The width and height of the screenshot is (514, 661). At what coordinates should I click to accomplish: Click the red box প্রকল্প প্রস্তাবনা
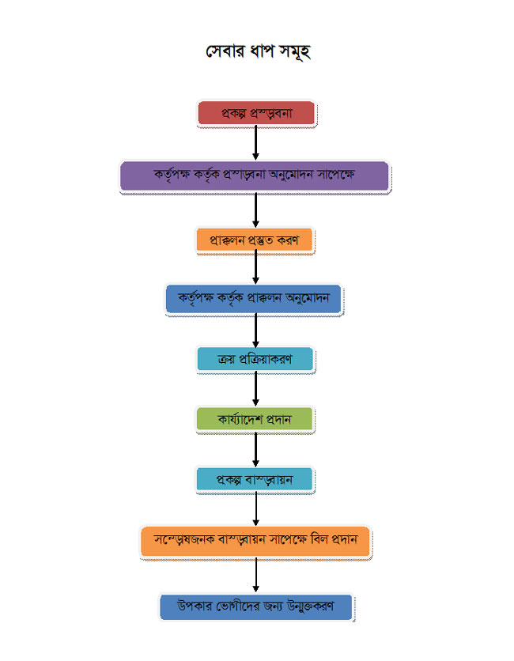coord(256,113)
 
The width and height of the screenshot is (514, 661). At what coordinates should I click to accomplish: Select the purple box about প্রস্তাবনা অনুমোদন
coord(255,176)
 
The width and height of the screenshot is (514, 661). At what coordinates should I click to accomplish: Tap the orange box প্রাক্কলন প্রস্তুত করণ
coord(255,240)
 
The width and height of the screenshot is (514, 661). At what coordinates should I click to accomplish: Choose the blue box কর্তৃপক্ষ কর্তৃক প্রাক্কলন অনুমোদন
coord(255,299)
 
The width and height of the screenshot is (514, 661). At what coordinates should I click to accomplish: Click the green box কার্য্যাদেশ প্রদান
coord(255,419)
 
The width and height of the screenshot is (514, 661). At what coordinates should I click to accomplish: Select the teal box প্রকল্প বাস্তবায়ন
coord(255,480)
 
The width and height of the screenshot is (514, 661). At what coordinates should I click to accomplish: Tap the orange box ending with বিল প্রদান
coord(255,542)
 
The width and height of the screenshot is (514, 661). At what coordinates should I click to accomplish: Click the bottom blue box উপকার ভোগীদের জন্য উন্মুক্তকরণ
coord(255,607)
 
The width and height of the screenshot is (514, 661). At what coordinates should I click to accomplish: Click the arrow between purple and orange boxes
coord(255,209)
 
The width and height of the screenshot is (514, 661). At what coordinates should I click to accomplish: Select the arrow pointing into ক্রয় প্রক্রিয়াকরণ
coord(255,330)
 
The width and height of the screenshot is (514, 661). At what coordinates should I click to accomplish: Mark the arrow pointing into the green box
coord(255,389)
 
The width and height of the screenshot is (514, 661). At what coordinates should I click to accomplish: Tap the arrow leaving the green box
coord(255,450)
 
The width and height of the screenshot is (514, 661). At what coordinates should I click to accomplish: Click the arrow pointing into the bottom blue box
coord(255,576)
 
